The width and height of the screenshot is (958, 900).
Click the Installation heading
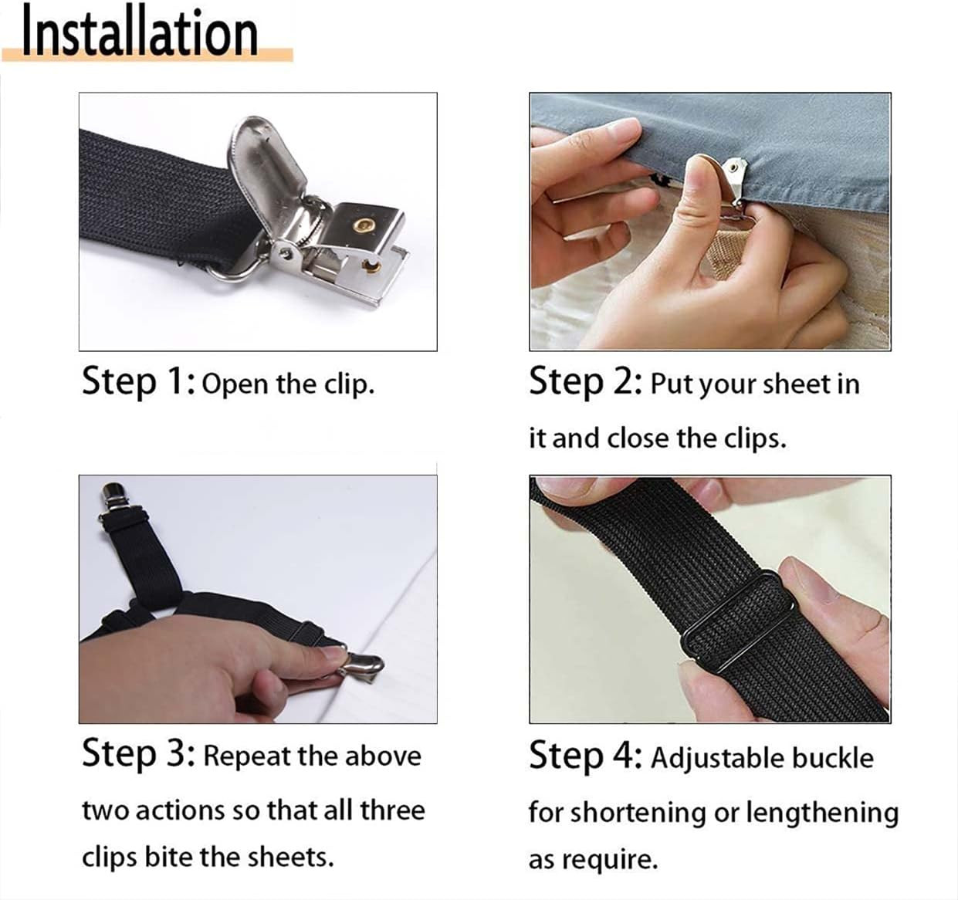[140, 35]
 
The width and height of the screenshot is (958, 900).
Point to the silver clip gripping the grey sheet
[735, 181]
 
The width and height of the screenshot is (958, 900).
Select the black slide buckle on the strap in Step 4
[738, 620]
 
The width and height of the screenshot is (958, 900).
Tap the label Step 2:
[586, 382]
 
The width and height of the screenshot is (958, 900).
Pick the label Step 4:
[586, 756]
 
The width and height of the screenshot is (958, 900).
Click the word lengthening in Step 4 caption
[822, 814]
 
